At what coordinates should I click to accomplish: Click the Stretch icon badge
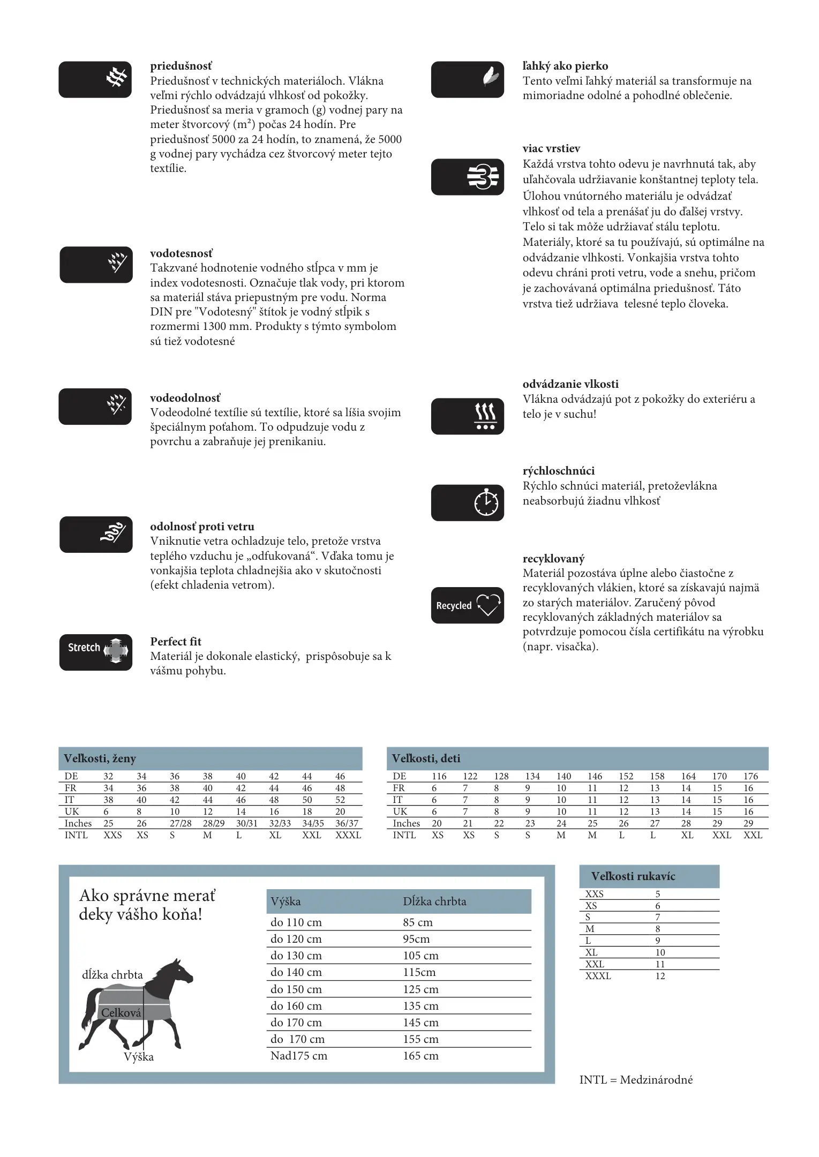95,652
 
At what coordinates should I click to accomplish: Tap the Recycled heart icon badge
467,605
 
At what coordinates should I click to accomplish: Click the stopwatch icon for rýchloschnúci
485,502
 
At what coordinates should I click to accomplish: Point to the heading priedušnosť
181,66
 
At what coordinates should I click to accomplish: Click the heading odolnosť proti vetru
202,526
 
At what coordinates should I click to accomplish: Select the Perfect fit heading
176,641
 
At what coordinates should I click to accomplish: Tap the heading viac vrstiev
551,148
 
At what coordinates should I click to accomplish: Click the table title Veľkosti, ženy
100,758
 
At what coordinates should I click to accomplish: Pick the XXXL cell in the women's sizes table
348,835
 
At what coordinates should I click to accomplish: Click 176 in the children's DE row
750,776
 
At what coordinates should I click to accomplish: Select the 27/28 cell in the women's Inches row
181,823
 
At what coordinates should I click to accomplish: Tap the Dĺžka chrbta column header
434,901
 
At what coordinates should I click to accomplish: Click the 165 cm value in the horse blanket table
420,1055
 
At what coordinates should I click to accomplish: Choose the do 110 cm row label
296,922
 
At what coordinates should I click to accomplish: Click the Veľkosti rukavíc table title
633,876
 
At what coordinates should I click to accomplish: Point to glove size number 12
660,975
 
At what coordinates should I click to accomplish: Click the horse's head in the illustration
179,970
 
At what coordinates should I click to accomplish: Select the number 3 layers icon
483,177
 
